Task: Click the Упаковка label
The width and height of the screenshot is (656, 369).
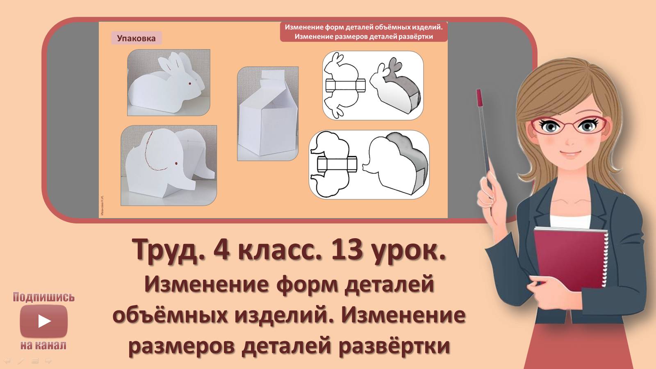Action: pos(136,39)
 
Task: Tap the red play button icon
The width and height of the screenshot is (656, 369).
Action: pos(43,321)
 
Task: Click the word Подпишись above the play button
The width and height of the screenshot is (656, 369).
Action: pos(43,297)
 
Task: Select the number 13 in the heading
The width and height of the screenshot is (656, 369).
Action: pos(346,250)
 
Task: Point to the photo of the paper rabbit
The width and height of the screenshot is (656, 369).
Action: pos(169,82)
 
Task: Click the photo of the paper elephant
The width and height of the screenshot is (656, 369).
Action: pos(169,165)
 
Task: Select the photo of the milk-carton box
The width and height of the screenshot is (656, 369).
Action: pos(268,114)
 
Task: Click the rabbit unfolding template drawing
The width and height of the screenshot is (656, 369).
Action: pos(344,85)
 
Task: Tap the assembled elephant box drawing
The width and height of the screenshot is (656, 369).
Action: pos(396,165)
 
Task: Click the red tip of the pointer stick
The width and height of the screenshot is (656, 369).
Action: pos(479,98)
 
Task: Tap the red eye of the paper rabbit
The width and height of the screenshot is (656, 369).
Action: pos(189,84)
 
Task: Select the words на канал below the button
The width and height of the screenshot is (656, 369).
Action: pos(43,345)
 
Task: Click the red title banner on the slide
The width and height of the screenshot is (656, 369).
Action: pos(363,32)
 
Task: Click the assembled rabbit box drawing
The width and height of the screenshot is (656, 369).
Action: pos(396,86)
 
